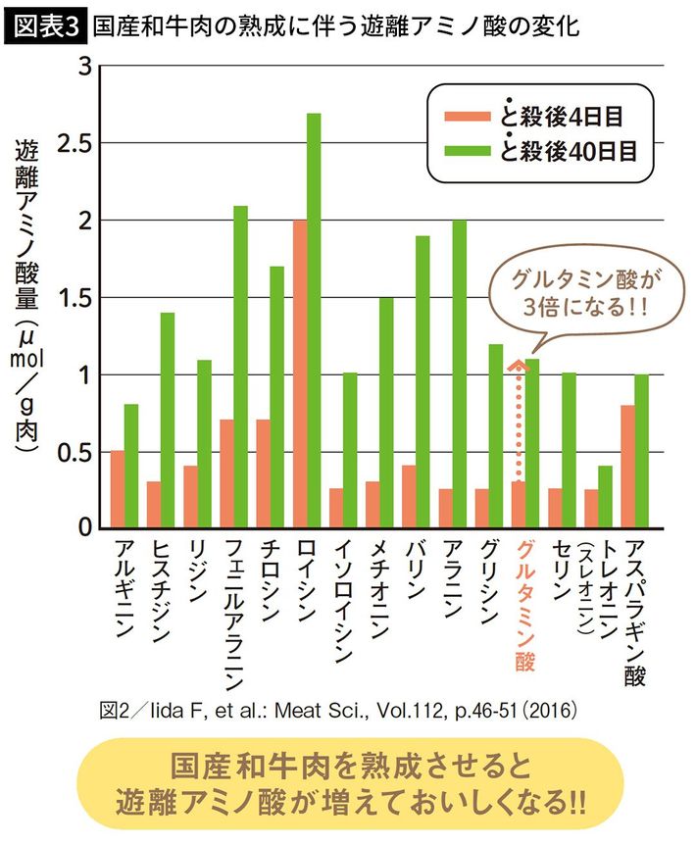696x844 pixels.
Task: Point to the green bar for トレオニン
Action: click(x=606, y=497)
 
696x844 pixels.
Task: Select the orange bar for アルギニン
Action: click(x=118, y=489)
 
